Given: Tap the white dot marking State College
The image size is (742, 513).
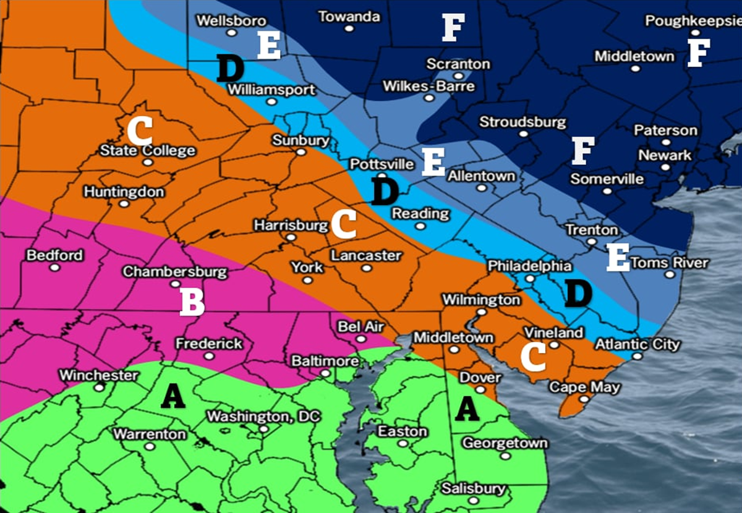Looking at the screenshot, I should pos(148,162).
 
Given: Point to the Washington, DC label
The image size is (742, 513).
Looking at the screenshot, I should pos(263,417).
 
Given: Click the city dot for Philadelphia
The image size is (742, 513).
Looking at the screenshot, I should pos(529,278).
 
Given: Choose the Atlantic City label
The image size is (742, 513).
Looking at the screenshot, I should pos(637,344).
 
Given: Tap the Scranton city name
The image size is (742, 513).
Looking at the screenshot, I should pos(458,64).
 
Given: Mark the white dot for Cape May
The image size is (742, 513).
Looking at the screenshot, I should pos(583,399).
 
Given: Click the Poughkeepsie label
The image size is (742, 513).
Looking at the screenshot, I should pos(693,21).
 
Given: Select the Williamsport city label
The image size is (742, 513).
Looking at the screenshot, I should pos(273,90).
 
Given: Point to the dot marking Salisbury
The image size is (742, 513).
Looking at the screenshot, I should pos(473,501).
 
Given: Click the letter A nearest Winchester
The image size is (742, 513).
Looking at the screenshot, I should pos(173,396).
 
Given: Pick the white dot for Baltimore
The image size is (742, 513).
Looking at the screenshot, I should pos(325,373).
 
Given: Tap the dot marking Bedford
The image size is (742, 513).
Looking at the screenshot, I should pos(55,268).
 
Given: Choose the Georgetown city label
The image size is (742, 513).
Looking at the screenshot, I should pos(505,443).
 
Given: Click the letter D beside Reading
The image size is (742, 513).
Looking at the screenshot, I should pos(385,192).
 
